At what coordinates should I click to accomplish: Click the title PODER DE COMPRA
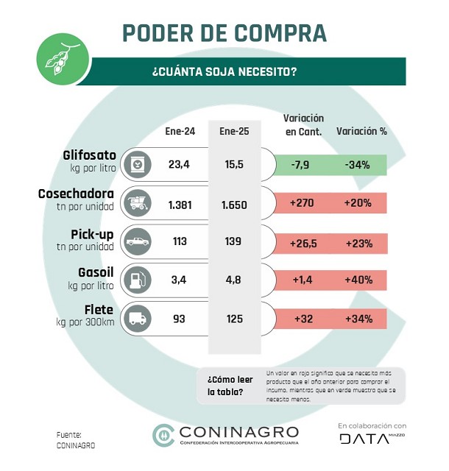point(224,33)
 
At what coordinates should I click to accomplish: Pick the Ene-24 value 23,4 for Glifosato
point(179,164)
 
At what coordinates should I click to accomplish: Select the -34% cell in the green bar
point(357,164)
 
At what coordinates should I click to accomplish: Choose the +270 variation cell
point(304,204)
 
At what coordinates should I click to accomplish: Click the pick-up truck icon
point(137,240)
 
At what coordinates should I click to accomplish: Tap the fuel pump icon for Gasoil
point(137,280)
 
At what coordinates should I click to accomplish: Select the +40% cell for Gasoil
point(357,280)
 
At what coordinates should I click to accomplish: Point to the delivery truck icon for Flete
point(137,319)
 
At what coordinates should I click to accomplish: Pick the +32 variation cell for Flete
point(304,319)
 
